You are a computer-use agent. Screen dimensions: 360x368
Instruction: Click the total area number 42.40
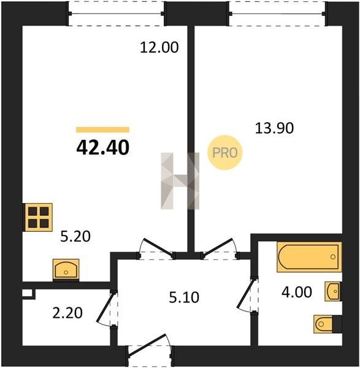pos(103,148)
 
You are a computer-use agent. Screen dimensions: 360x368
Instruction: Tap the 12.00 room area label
pos(159,47)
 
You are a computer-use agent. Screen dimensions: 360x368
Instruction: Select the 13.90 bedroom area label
pos(274,128)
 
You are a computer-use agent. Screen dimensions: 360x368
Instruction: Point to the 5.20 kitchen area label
pos(75,236)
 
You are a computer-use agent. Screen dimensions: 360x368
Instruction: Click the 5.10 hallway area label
pos(184,297)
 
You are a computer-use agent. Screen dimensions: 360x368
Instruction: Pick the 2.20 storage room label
pos(67,313)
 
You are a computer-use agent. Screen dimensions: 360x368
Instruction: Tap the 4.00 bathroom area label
pos(297,292)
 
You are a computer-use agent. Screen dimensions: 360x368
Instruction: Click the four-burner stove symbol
pos(37,217)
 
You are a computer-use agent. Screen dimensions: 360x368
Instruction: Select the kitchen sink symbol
pos(66,270)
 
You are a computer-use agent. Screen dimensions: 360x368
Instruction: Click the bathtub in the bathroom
pos(309,257)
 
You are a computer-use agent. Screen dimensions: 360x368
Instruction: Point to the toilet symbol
pos(327,324)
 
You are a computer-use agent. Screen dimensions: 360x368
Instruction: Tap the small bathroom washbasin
pos(333,291)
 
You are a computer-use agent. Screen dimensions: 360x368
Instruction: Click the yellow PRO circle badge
pos(225,153)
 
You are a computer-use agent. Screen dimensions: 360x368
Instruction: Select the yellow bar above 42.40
pos(102,130)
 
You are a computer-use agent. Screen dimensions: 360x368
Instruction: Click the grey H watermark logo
pos(180,181)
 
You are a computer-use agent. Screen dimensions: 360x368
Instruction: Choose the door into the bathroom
pos(247,294)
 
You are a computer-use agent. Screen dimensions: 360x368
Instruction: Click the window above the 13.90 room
pos(278,13)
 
